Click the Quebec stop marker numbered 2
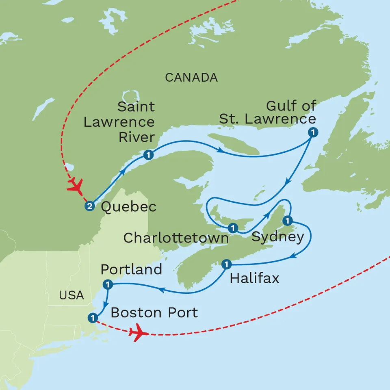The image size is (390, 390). click(89, 206)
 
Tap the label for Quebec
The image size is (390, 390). click(128, 207)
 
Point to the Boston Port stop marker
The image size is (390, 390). click(93, 317)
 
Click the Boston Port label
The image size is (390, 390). click(154, 312)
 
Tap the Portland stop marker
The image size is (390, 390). click(108, 284)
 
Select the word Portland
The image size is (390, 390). click(131, 269)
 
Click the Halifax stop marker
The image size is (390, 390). click(226, 264)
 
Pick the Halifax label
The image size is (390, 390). click(255, 278)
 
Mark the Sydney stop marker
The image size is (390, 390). click(288, 221)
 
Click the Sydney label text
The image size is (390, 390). click(277, 237)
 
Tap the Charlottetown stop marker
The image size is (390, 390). click(232, 228)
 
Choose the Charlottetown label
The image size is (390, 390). click(176, 238)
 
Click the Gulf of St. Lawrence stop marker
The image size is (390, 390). click(312, 132)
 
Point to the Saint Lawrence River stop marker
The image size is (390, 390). click(148, 155)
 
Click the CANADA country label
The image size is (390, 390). click(191, 78)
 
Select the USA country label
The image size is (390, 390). click(71, 295)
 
